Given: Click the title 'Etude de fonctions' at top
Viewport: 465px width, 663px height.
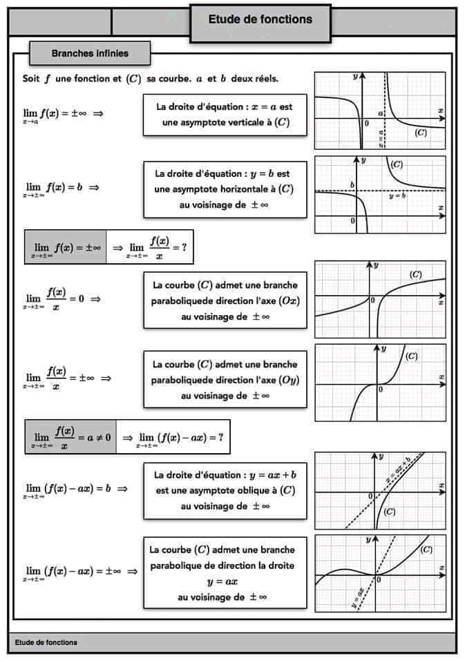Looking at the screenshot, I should click(x=260, y=19).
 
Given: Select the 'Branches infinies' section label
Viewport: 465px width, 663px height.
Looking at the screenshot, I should click(x=90, y=53).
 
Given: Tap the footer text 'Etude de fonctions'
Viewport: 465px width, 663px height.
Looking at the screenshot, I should click(x=46, y=642).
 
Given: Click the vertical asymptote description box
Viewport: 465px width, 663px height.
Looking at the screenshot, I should click(x=225, y=115).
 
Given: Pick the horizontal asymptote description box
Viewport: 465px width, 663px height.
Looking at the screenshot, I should click(x=225, y=189).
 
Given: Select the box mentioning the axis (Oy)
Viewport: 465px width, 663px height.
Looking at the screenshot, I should click(x=225, y=379).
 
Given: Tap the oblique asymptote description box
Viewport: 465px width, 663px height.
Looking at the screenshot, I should click(x=225, y=490).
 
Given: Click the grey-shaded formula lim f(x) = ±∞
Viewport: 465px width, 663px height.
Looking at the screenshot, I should click(x=66, y=247).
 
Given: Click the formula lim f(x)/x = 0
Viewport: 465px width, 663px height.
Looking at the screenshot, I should click(x=63, y=299).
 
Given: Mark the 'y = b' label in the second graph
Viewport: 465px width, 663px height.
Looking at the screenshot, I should click(x=397, y=197).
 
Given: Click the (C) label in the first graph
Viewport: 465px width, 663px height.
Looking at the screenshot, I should click(x=421, y=133).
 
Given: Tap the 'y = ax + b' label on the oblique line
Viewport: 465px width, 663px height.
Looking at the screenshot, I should click(x=399, y=470).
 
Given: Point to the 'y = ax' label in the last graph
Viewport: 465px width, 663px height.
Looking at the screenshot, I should click(x=358, y=597).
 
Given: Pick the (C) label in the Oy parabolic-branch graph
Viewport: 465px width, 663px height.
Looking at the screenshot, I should click(x=411, y=356).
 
